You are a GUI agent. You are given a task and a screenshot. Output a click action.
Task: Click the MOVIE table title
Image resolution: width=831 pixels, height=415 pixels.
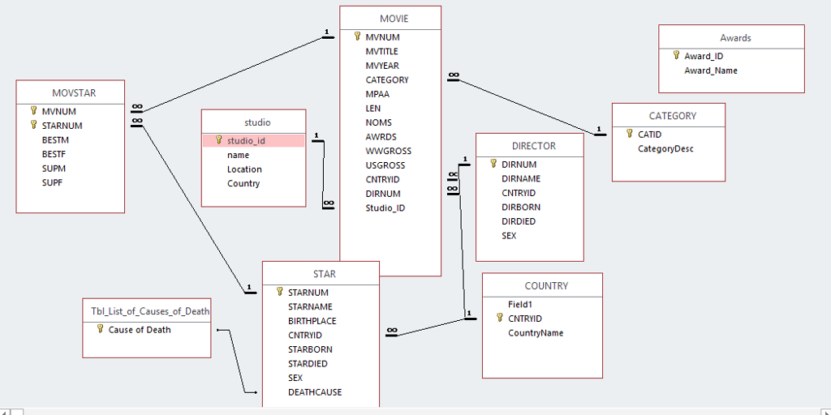click(394, 19)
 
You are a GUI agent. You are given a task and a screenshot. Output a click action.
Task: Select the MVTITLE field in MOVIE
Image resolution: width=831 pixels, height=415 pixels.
click(381, 51)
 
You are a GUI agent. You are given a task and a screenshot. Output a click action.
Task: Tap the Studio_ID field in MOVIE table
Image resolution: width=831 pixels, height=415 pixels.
click(385, 207)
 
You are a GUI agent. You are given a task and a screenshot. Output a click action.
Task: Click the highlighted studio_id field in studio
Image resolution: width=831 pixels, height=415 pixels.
click(246, 140)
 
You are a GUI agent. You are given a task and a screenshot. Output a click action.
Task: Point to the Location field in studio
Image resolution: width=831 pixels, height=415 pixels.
click(244, 169)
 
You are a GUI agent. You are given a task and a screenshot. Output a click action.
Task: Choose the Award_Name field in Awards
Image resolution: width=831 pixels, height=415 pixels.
click(711, 71)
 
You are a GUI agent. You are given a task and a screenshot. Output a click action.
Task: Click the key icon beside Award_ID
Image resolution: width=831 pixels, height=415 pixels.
click(676, 55)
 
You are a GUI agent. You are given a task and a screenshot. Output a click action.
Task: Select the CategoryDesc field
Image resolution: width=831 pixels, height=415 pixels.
click(665, 148)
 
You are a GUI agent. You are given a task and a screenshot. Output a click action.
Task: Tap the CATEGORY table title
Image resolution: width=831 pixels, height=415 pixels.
click(672, 116)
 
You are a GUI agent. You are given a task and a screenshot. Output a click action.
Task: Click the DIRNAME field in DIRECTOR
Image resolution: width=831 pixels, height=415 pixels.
click(521, 178)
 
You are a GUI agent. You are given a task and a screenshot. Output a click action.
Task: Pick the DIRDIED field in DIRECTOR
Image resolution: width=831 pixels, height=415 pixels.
click(519, 221)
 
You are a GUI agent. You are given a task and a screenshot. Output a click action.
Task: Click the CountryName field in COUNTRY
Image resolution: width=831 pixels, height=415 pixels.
click(536, 333)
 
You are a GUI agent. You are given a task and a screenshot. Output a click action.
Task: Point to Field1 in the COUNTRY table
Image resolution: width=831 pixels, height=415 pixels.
click(519, 304)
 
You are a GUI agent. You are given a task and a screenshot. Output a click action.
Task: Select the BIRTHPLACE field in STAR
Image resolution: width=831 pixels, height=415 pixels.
click(312, 321)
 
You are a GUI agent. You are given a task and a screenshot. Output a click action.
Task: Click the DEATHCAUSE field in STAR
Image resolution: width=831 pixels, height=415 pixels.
click(315, 392)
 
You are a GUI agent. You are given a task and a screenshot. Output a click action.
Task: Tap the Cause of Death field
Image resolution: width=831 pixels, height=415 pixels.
click(140, 330)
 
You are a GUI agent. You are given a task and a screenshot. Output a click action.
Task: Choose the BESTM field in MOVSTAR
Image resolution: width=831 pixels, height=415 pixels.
click(55, 140)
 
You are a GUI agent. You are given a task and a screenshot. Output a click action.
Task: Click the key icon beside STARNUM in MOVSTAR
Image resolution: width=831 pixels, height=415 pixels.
click(34, 125)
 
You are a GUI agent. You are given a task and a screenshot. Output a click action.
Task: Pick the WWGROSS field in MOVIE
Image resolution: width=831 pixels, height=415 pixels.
click(388, 151)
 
